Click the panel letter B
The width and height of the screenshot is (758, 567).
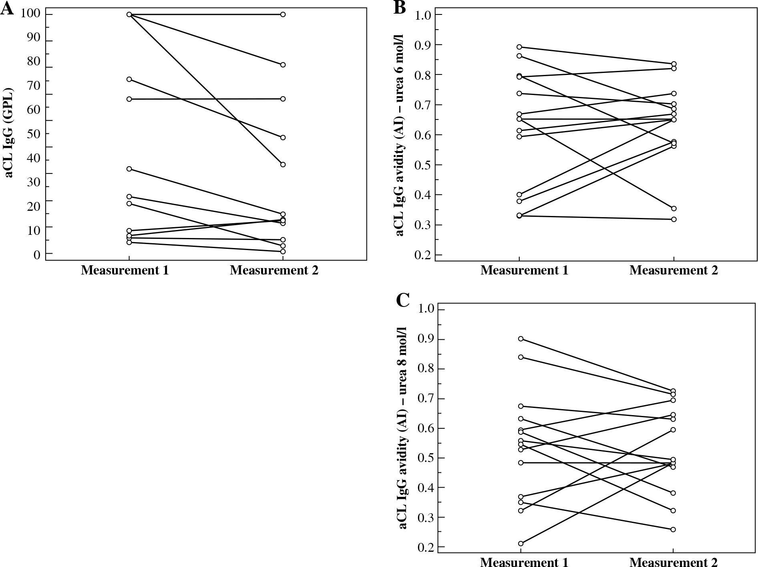pyautogui.click(x=400, y=7)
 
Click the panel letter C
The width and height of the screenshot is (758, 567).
pyautogui.click(x=402, y=300)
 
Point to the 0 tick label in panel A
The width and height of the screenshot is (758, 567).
pyautogui.click(x=37, y=254)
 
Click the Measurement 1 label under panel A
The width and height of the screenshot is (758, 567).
pyautogui.click(x=125, y=270)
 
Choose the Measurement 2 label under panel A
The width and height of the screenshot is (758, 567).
pyautogui.click(x=274, y=270)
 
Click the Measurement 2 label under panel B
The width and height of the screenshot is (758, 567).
pyautogui.click(x=674, y=270)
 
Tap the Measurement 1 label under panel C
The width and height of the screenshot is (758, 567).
pyautogui.click(x=524, y=562)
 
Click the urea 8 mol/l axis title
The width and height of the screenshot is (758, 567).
pyautogui.click(x=402, y=428)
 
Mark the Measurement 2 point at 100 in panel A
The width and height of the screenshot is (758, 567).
pyautogui.click(x=283, y=14)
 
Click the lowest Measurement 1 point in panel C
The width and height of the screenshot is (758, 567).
pyautogui.click(x=521, y=543)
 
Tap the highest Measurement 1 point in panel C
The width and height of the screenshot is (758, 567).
pyautogui.click(x=521, y=339)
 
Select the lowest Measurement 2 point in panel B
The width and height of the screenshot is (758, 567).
pyautogui.click(x=674, y=219)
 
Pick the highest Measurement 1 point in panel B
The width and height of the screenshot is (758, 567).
pyautogui.click(x=519, y=47)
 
